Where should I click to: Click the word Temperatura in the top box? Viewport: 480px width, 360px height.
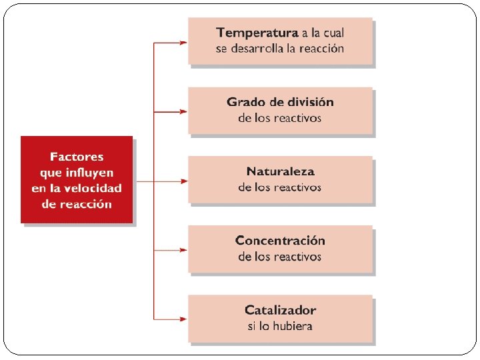coord(257,32)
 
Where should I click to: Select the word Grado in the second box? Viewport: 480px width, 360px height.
coord(244,102)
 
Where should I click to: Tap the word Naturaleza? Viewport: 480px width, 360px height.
coord(280,171)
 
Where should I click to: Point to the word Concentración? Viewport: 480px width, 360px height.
coord(280,241)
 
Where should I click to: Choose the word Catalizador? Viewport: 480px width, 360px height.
coord(280,310)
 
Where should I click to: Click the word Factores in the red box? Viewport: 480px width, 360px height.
coord(77,157)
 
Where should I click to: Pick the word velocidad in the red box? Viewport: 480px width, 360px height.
coord(95,189)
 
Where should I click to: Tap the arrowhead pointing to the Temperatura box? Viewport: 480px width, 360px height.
coord(183,43)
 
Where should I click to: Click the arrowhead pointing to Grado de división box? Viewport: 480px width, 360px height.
coord(183,111)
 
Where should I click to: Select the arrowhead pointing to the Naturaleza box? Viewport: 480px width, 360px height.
coord(183,181)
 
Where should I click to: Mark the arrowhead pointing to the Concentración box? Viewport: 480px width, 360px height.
coord(183,250)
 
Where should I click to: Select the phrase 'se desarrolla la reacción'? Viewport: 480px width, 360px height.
coord(280,49)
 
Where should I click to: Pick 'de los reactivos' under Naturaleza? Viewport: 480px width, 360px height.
coord(280,187)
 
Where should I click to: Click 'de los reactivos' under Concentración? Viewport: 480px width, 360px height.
coord(280,257)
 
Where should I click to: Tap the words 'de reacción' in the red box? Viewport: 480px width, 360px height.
coord(77,205)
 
